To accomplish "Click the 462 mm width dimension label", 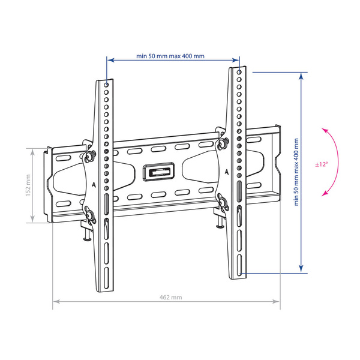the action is pyautogui.click(x=170, y=298).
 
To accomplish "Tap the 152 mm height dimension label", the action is pyautogui.click(x=28, y=185).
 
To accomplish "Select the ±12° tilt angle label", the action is pyautogui.click(x=322, y=164).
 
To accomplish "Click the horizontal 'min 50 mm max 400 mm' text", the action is pyautogui.click(x=170, y=56).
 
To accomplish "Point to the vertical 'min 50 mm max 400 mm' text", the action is pyautogui.click(x=296, y=172).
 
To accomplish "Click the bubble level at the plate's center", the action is pyautogui.click(x=158, y=172).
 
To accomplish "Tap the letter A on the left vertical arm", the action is pyautogui.click(x=94, y=185).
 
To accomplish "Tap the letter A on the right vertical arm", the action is pyautogui.click(x=227, y=172).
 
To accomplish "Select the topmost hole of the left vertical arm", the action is pyautogui.click(x=106, y=85).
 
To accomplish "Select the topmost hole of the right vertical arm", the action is pyautogui.click(x=239, y=73).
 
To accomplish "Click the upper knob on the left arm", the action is pyautogui.click(x=89, y=156).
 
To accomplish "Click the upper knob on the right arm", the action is pyautogui.click(x=222, y=143).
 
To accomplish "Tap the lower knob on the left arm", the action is pyautogui.click(x=90, y=215).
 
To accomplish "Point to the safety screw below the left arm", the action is pyautogui.click(x=87, y=235).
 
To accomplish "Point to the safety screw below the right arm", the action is pyautogui.click(x=220, y=222).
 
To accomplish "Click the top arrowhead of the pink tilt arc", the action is pyautogui.click(x=324, y=130).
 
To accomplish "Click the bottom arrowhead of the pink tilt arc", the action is pyautogui.click(x=324, y=194).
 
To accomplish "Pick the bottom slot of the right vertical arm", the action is pyautogui.click(x=239, y=265).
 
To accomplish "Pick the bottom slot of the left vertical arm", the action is pyautogui.click(x=106, y=277).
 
